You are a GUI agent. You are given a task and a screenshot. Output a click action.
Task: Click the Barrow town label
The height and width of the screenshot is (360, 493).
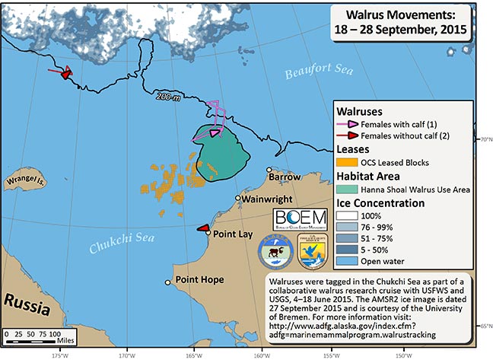tap(285, 178)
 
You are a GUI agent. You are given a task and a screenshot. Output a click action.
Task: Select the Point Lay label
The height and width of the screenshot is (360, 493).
tap(234, 234)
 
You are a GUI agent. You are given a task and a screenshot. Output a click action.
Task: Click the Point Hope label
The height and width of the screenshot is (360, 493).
tap(199, 279)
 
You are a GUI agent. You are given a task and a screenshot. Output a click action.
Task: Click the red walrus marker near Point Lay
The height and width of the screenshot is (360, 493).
tap(202, 228)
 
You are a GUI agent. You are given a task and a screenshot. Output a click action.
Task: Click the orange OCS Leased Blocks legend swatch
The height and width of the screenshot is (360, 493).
tap(348, 162)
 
